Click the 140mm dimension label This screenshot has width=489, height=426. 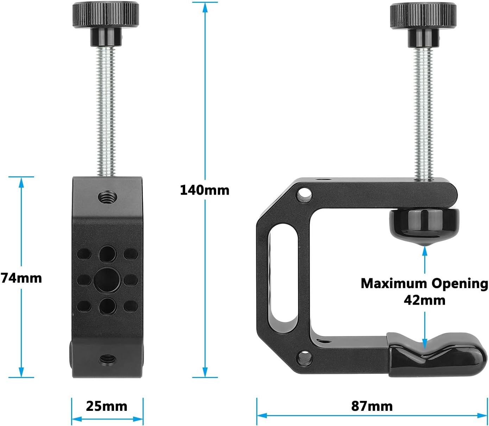[x=205, y=190]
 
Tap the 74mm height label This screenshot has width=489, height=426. [x=21, y=278]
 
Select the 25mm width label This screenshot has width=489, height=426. [x=107, y=406]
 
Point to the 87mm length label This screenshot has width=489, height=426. [x=372, y=406]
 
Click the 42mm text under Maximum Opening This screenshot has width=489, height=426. [x=425, y=300]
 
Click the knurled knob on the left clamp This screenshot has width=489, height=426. [x=106, y=15]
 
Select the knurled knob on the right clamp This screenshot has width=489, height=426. [x=423, y=15]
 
